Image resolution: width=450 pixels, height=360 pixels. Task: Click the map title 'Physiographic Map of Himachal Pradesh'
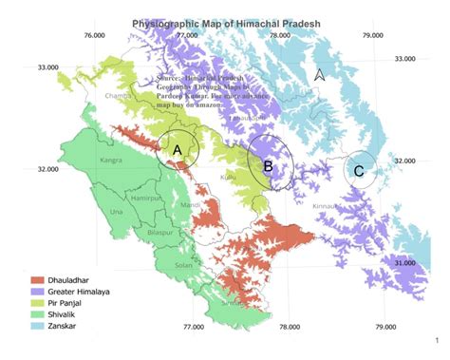point(224,21)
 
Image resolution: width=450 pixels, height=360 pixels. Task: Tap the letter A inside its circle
point(177,149)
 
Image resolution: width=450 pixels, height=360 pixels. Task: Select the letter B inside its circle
point(268,166)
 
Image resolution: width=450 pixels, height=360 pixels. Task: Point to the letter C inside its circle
point(358,171)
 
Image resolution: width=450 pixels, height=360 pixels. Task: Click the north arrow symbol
point(320,74)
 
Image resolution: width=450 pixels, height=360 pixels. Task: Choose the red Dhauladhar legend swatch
point(37,281)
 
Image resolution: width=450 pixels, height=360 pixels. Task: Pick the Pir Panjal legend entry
point(66,305)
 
